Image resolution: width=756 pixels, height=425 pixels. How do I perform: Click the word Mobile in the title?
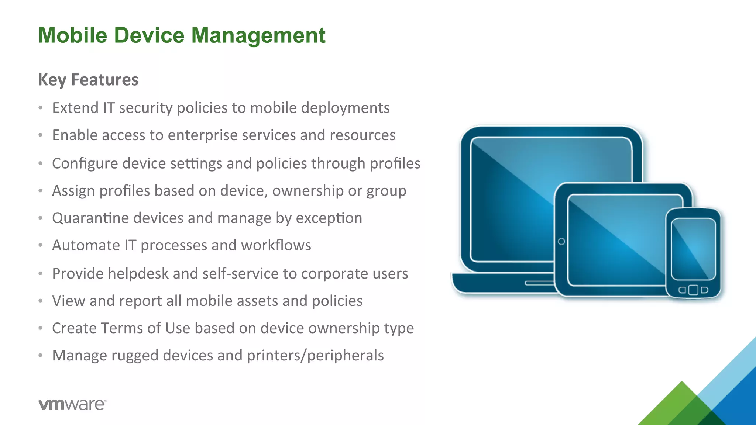click(73, 35)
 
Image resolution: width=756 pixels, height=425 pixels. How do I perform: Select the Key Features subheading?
click(88, 80)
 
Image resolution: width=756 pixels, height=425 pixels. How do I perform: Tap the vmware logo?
click(72, 405)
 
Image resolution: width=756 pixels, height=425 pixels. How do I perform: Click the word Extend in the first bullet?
click(75, 108)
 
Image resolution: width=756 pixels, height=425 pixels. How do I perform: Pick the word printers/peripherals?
click(315, 356)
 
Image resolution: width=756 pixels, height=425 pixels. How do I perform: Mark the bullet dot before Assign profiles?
click(41, 191)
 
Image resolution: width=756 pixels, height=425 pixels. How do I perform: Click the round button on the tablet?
click(561, 242)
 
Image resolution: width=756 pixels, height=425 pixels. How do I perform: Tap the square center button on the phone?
click(693, 290)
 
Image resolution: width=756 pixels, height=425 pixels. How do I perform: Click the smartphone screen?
click(693, 249)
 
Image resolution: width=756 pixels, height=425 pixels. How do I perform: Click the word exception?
click(329, 218)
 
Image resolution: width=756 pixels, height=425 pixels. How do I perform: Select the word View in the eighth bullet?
click(69, 301)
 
